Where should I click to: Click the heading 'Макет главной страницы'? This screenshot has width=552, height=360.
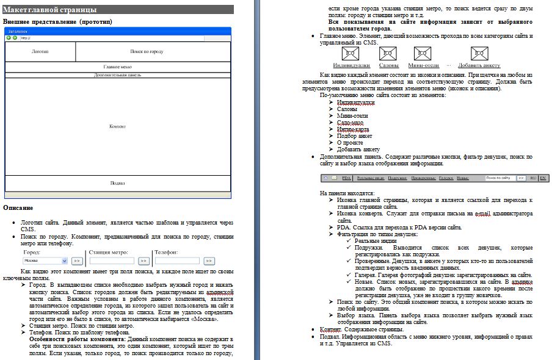point(50,10)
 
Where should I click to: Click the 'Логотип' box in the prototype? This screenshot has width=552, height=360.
point(40,52)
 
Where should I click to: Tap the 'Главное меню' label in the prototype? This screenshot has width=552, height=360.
point(117,67)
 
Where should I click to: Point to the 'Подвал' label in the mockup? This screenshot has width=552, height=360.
point(117,182)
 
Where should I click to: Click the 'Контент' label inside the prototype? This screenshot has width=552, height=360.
point(117,126)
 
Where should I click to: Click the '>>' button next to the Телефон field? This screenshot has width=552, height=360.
point(209,261)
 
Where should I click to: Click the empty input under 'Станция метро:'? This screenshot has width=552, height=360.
point(112,261)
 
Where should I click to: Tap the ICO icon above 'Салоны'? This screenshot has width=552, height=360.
point(388,54)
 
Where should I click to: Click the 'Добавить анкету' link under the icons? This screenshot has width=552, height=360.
point(479,65)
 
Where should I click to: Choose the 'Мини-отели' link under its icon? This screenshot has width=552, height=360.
point(424,65)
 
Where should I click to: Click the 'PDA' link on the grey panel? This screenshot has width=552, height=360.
point(346,178)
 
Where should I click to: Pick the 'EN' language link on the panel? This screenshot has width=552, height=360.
point(543,178)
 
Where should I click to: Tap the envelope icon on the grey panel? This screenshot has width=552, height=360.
point(333,178)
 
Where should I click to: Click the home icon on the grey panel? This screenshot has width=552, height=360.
point(325,178)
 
